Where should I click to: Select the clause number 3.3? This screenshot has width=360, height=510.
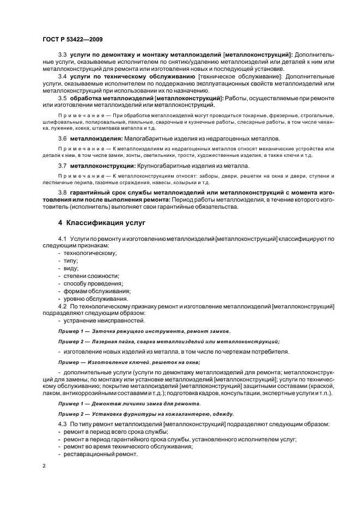click(x=62, y=55)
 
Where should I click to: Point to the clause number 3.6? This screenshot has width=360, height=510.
click(x=62, y=139)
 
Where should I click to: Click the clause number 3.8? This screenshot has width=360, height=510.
click(x=62, y=193)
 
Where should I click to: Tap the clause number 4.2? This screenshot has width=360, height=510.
click(x=62, y=307)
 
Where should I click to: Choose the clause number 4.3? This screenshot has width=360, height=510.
click(x=62, y=423)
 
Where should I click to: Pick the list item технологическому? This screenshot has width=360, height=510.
click(x=90, y=253)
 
